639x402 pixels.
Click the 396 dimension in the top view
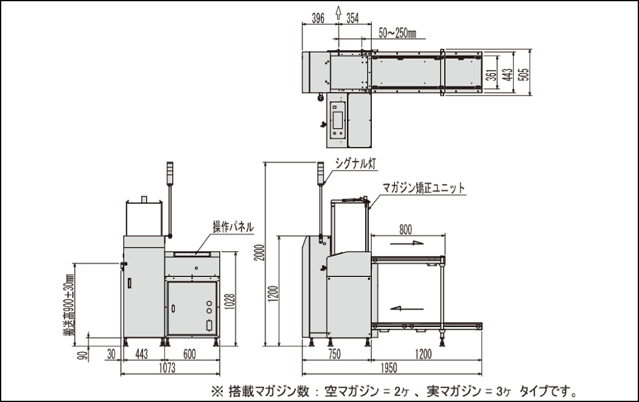click(x=318, y=18)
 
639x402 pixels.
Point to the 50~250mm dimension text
click(x=398, y=31)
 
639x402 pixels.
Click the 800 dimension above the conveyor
click(x=406, y=229)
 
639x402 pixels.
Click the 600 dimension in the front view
click(x=190, y=354)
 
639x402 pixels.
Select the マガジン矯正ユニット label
click(x=424, y=187)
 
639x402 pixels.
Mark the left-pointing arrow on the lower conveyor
click(x=404, y=306)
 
